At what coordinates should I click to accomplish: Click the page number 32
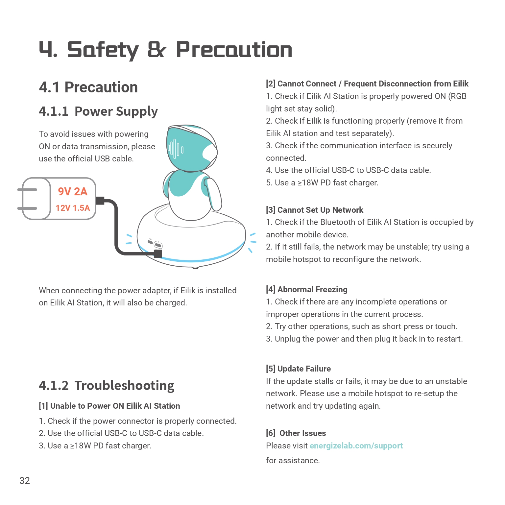coord(25,481)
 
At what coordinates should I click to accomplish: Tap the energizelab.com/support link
coord(356,446)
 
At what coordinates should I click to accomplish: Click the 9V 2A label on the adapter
coord(73,192)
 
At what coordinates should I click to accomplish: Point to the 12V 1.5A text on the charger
coord(73,208)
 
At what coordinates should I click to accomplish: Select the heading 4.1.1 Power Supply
coord(98,111)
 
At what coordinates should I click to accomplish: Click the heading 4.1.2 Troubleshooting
coord(107,386)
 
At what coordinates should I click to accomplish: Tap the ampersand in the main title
coord(157,50)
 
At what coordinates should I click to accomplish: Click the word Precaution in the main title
coord(234,50)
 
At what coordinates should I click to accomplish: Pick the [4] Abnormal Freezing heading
coord(306,289)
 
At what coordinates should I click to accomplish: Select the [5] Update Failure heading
coord(298,369)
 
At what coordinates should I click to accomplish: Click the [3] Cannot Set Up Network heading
coord(314,210)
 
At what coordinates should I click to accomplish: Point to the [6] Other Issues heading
coord(296,433)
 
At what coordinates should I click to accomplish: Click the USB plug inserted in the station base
coord(158,253)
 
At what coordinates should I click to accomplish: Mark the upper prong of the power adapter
coord(28,190)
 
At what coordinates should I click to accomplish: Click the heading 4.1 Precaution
coord(88,87)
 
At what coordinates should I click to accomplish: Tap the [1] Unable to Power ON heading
coord(109,406)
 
